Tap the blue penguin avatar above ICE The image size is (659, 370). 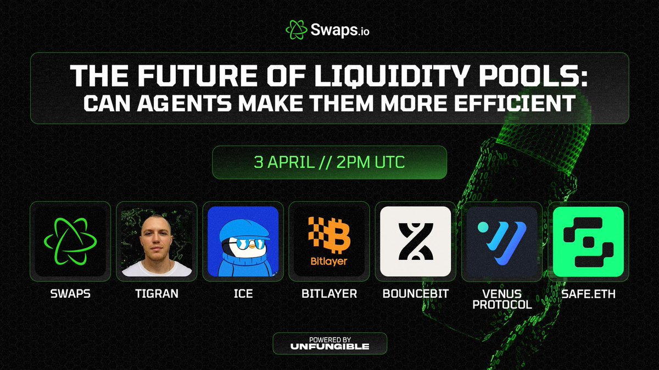[243, 242]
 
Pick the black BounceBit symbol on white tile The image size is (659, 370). [415, 242]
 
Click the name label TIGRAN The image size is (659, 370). [157, 294]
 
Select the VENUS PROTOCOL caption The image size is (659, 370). [501, 299]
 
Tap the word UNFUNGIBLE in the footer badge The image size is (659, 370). [330, 346]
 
